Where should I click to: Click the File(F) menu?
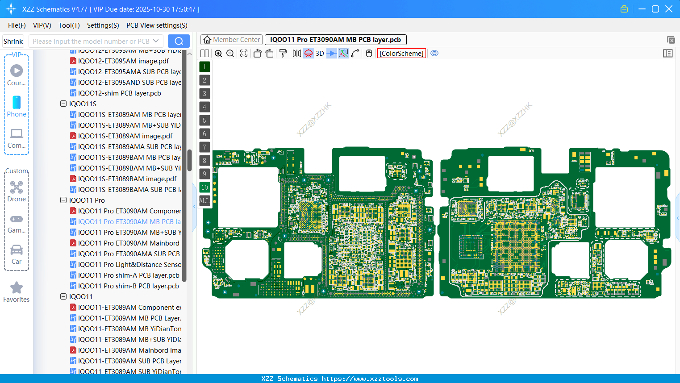click(x=17, y=25)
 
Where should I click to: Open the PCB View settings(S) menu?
click(x=157, y=25)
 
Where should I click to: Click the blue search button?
click(x=179, y=41)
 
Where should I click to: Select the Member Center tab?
click(x=231, y=40)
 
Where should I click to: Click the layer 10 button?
click(x=204, y=187)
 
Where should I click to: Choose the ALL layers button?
click(x=204, y=201)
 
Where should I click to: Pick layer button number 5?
click(x=204, y=121)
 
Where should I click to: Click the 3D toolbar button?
click(x=320, y=54)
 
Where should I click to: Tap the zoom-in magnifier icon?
click(x=218, y=54)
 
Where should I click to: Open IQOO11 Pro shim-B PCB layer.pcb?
click(x=128, y=286)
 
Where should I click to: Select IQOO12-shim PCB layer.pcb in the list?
click(x=119, y=93)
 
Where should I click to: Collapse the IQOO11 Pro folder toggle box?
click(x=63, y=200)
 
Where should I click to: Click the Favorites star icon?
click(x=17, y=288)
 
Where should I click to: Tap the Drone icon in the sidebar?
click(x=17, y=187)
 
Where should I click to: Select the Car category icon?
click(x=17, y=250)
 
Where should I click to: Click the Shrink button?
click(x=13, y=42)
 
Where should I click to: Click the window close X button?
click(x=669, y=9)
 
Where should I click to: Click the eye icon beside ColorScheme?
click(x=434, y=54)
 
